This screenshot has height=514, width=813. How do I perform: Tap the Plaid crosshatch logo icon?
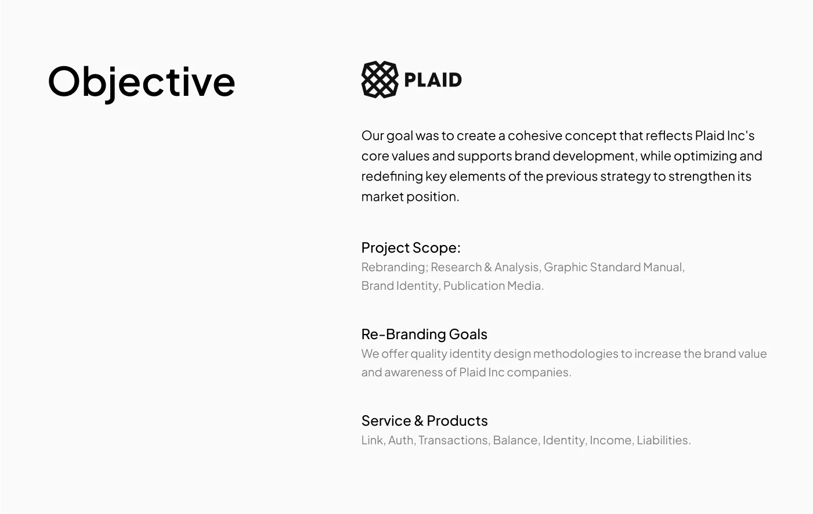click(380, 80)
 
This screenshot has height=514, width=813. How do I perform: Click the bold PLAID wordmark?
click(433, 80)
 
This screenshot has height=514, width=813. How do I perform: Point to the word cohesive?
click(535, 135)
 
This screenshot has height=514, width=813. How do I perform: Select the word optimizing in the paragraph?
click(705, 157)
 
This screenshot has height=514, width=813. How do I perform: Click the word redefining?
click(392, 177)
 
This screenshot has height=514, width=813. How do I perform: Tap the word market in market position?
click(382, 196)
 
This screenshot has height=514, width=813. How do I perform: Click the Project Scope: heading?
click(411, 248)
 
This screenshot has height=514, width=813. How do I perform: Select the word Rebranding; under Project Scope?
click(395, 268)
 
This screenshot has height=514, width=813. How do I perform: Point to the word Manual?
click(664, 267)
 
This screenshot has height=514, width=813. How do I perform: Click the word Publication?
click(474, 286)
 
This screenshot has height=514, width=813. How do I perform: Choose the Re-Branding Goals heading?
click(424, 335)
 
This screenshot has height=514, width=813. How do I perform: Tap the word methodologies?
click(576, 354)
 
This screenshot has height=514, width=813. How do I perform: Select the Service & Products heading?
click(425, 420)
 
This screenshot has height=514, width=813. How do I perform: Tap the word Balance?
click(516, 440)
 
